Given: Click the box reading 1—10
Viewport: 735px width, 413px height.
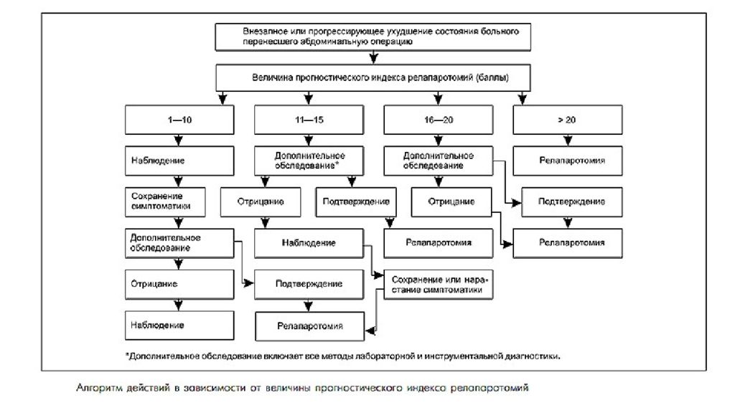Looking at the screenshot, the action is coord(179,120).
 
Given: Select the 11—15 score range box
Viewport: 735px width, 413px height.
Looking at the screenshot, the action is coord(309,120).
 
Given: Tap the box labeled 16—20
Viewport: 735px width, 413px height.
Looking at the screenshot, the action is coord(439,120).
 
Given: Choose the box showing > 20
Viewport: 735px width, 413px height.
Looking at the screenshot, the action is coord(568,120).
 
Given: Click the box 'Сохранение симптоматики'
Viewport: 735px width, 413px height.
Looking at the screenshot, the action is coord(165,201).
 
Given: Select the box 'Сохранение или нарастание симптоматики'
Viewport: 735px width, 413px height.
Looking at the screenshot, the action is coord(439,285).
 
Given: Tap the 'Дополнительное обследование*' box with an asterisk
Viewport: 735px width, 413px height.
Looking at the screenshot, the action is coord(309,161).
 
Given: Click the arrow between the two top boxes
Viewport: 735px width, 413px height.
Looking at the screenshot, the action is coord(373,57).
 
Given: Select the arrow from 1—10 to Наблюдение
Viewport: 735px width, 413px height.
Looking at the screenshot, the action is coord(179,141).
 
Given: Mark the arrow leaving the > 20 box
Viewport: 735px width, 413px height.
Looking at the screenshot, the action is coord(568,141).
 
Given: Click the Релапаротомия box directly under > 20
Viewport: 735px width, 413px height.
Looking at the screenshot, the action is coord(568,161).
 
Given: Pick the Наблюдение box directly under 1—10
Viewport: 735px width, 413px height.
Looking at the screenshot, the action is coord(179,161).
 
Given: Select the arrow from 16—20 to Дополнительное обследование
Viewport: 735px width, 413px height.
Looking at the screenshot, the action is coord(439,141).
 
